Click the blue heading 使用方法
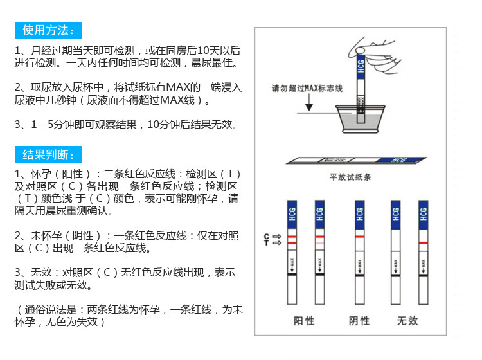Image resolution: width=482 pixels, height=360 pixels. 48,30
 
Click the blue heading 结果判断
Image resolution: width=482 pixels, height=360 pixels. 48,155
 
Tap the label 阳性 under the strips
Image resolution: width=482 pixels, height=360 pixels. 304,320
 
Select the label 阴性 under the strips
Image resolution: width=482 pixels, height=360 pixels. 359,320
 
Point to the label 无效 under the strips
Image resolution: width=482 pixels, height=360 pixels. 407,320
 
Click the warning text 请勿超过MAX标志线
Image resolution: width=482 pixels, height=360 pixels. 307,88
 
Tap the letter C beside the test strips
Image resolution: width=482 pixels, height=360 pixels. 266,237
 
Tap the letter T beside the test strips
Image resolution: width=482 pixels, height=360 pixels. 266,243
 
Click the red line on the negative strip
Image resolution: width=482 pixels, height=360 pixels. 359,237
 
